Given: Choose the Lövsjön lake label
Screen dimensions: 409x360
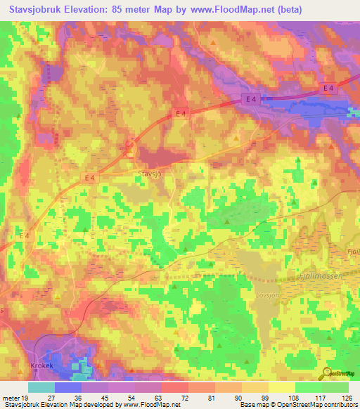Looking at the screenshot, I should point(268,295).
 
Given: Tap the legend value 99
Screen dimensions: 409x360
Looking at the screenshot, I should point(255,397).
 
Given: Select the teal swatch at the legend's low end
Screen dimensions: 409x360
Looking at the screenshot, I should point(41,387).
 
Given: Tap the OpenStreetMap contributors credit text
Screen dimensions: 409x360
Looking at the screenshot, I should point(316,405).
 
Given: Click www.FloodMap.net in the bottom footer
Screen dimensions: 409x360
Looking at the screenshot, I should point(151,405).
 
